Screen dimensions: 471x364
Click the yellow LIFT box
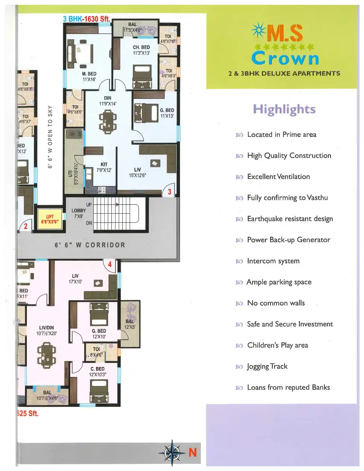[50, 219]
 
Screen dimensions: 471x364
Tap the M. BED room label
[89, 76]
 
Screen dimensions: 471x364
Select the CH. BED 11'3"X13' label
[141, 50]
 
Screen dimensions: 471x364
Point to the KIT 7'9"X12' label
[104, 167]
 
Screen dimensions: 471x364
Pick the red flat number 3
[170, 192]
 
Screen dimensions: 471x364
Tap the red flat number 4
[110, 264]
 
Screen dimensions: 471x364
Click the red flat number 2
[26, 226]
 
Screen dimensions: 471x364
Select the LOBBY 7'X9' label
[79, 213]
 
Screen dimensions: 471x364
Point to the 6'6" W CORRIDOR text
[90, 245]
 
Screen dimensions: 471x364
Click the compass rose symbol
[172, 453]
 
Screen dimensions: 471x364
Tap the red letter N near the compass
[192, 452]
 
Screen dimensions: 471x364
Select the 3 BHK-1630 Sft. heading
[86, 19]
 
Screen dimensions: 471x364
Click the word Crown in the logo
[285, 59]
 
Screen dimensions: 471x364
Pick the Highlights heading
[284, 109]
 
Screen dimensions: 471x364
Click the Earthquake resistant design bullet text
[290, 219]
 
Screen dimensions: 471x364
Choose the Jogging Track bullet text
[267, 366]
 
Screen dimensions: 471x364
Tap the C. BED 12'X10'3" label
[98, 371]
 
